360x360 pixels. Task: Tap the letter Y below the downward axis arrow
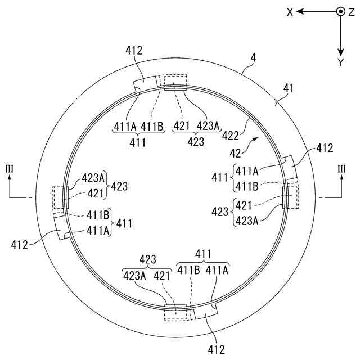click(x=340, y=62)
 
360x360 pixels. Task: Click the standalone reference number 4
click(x=253, y=57)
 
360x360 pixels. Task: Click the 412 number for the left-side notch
click(x=20, y=245)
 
